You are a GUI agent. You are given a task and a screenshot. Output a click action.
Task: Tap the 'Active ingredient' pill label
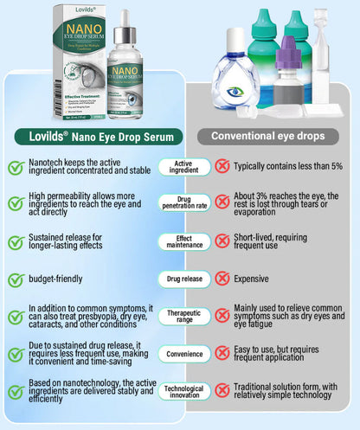183,167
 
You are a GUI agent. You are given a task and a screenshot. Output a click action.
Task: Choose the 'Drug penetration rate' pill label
183,203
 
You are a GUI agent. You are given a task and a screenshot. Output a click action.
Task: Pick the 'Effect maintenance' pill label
183,241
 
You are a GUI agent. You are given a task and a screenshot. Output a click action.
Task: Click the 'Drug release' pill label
183,279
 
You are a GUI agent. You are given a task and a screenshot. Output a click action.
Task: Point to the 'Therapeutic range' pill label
183,316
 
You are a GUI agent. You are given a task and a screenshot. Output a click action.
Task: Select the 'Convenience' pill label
183,353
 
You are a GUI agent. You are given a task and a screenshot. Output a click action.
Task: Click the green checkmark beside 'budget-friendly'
15,279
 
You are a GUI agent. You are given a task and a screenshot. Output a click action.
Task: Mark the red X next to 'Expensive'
222,279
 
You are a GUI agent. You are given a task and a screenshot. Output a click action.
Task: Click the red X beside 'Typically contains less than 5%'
222,166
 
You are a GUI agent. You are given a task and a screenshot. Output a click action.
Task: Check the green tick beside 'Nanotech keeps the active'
15,166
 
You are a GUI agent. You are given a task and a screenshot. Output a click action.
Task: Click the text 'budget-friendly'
55,279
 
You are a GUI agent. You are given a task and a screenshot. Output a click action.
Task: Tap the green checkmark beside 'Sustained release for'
15,241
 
